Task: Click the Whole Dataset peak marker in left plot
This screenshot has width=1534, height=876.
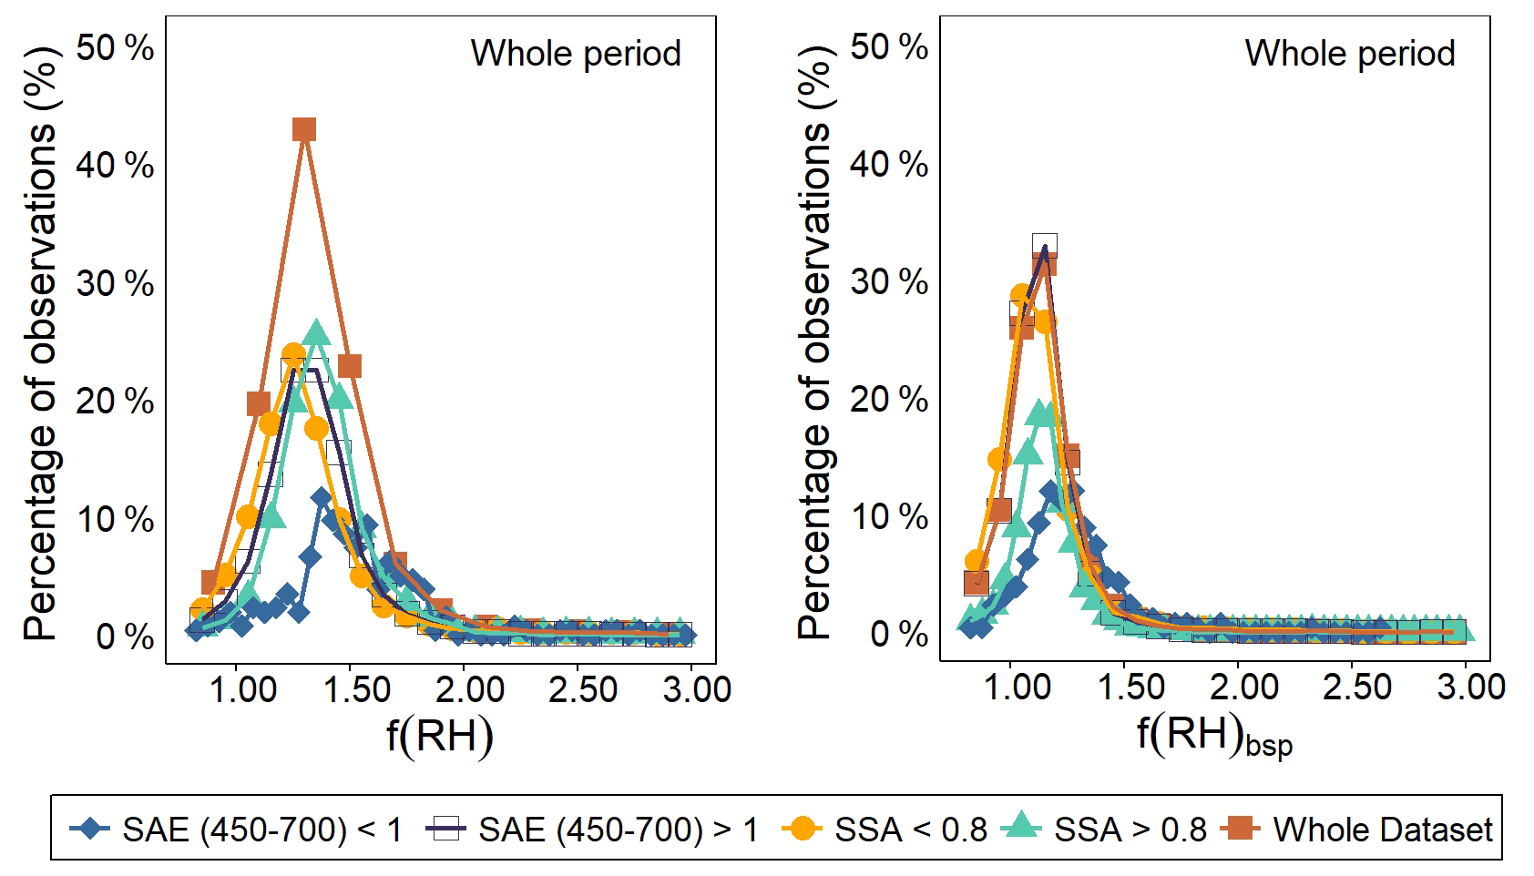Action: [x=304, y=129]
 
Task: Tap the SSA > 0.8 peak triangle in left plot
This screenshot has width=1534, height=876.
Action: [x=316, y=334]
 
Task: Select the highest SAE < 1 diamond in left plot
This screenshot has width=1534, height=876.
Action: [x=321, y=498]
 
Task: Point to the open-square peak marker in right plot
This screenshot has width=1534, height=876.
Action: [x=1045, y=245]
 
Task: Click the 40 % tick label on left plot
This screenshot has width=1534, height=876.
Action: [x=116, y=166]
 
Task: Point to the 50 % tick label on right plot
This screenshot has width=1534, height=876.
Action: [x=889, y=46]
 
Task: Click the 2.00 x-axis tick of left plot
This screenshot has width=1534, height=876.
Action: [x=469, y=689]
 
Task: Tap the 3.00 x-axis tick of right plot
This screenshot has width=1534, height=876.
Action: [x=1471, y=687]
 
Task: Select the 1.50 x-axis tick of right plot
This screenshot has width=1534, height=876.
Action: [x=1130, y=687]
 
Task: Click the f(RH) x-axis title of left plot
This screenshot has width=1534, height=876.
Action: [x=440, y=735]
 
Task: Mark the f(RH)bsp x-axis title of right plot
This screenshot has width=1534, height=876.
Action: [x=1214, y=736]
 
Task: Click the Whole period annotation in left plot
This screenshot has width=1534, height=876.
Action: [x=576, y=54]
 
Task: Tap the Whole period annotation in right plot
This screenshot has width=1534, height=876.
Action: [x=1350, y=54]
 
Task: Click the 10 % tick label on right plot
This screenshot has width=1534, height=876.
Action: [x=889, y=517]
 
